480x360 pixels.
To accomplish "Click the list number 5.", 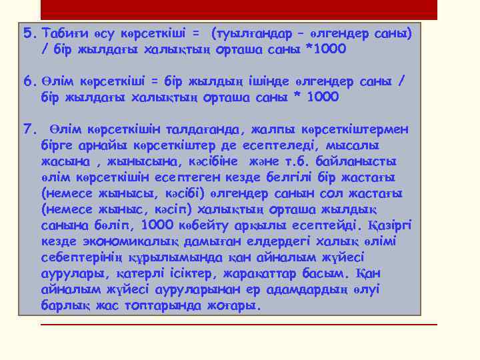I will tap(29, 33).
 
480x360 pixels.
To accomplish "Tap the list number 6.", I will tap(29, 81).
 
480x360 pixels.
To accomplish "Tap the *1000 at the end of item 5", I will tap(325, 49).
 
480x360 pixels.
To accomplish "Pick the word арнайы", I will tap(90, 145).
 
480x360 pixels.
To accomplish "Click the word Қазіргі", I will tap(390, 225).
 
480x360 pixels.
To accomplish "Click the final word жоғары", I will tap(233, 305).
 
